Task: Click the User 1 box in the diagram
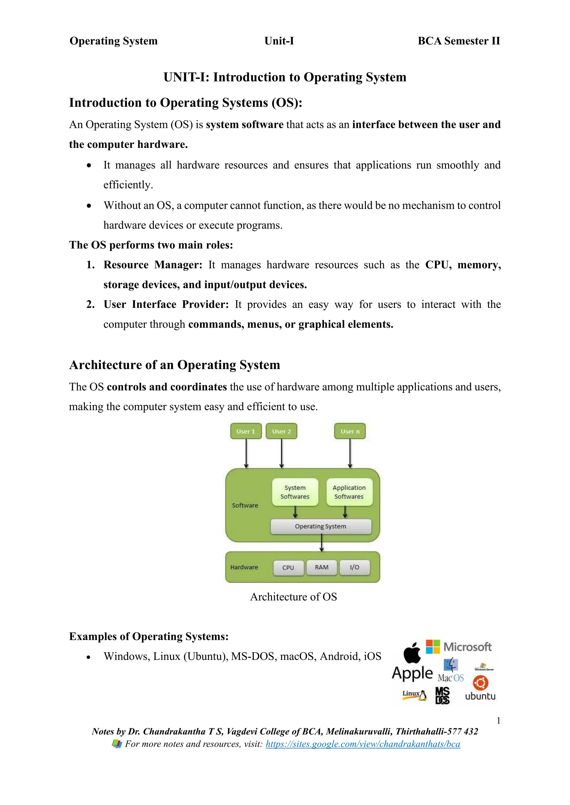point(246,431)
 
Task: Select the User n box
point(350,431)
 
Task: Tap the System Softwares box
point(295,492)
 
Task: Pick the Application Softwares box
point(349,492)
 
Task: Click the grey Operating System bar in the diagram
point(320,526)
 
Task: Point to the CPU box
point(288,568)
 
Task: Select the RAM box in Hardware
point(321,567)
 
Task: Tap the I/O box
point(355,567)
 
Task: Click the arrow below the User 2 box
point(281,453)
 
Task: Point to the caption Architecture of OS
point(293,597)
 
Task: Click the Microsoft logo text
point(467,647)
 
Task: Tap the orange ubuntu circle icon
point(480,683)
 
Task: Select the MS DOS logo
point(443,695)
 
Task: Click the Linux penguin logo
point(415,695)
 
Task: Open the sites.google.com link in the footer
point(363,744)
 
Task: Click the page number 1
point(498,720)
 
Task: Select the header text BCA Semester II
point(459,41)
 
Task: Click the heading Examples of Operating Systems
point(149,636)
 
